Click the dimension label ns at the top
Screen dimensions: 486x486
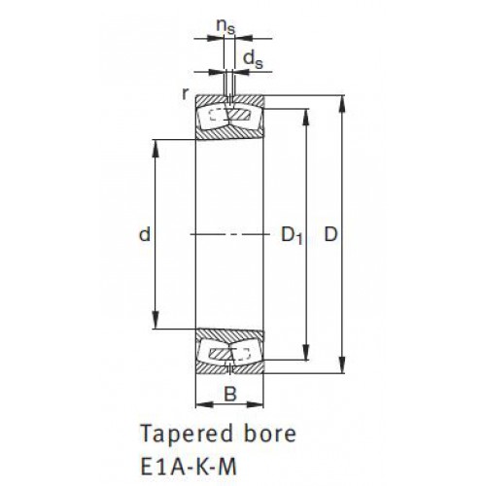pos(226,26)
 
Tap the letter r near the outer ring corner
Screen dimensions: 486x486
pos(185,94)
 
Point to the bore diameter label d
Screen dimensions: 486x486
pos(145,234)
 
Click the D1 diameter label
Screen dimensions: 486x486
pos(292,235)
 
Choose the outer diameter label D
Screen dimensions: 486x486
pos(330,234)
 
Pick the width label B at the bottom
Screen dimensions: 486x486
pos(230,395)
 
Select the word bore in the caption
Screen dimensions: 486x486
pos(270,433)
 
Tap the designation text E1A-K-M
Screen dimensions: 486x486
pos(189,467)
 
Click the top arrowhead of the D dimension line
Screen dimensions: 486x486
pos(343,104)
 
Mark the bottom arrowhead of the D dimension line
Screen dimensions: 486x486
pos(343,365)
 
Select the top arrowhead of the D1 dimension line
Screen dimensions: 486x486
pos(305,117)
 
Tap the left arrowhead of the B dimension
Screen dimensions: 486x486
pos(204,404)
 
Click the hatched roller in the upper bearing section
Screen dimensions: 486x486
pos(239,115)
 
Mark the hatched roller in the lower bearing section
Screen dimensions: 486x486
pos(221,354)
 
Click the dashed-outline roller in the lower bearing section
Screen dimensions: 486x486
pos(241,354)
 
